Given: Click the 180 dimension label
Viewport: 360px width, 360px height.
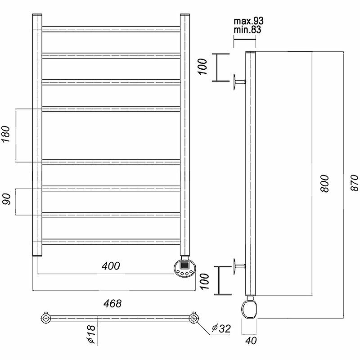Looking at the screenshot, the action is [6, 135].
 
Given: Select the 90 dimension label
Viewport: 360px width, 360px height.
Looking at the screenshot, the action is [6, 200].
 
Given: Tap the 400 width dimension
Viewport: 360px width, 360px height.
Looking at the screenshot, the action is [111, 266].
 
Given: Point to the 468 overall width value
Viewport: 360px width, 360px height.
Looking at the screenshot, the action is [112, 304].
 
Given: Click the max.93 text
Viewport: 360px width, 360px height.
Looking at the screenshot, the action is [248, 21].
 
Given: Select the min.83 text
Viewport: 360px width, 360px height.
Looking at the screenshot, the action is [247, 30].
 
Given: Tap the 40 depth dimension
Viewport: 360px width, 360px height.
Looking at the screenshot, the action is [251, 341].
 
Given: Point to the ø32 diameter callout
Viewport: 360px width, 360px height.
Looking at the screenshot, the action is [221, 329].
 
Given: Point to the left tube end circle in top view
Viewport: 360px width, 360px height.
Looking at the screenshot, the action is [45, 319].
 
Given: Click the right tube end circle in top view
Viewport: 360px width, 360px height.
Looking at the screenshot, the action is [194, 319].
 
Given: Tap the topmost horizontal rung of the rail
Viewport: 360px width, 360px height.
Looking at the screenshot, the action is [111, 29].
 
